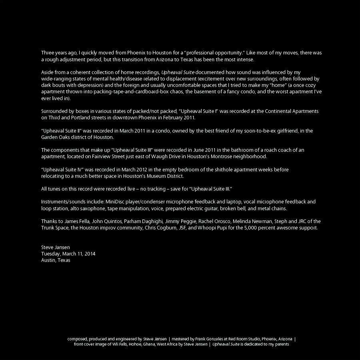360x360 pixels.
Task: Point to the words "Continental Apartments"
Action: point(292,111)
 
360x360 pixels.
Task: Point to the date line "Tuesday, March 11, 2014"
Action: point(68,253)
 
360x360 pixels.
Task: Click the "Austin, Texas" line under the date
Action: point(56,260)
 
